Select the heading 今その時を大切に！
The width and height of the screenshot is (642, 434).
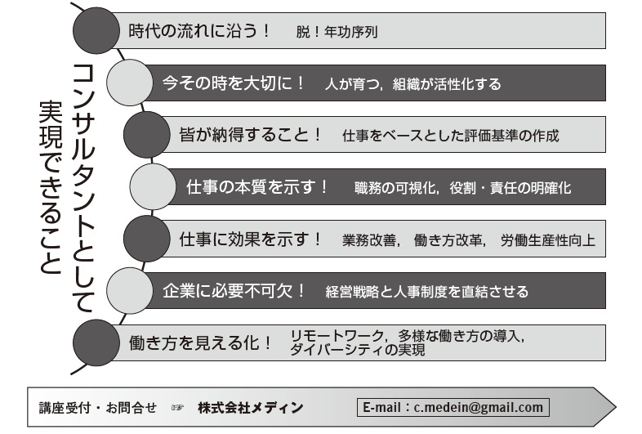[234, 83]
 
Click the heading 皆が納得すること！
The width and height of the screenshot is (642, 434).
[250, 134]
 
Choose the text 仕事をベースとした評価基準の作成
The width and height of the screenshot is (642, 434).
[451, 136]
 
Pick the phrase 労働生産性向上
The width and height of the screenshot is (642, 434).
[548, 240]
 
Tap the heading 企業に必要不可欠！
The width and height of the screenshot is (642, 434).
[234, 290]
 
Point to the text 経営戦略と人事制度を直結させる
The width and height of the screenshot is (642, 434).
[426, 291]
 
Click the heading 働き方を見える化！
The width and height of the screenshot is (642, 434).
[200, 342]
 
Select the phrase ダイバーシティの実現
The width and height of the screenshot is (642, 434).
[358, 350]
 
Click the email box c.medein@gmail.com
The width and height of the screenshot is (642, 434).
[453, 407]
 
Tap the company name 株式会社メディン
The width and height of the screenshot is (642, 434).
[250, 407]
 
